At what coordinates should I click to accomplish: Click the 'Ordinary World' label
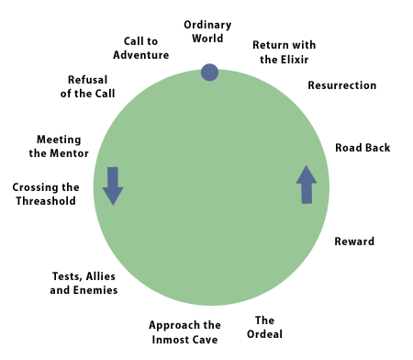coord(207,31)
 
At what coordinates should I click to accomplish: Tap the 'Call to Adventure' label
coord(141,48)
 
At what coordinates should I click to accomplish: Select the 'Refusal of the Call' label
coord(87,86)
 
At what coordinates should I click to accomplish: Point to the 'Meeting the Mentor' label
coord(59,146)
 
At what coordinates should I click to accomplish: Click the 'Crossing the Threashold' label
coord(46,194)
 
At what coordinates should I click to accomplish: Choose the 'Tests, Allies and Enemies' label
coord(84,283)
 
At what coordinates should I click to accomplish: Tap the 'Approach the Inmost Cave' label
coord(184,332)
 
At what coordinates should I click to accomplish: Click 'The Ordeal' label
coord(264,327)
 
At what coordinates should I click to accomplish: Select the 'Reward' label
coord(354,242)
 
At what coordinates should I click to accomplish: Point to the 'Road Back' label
coord(363,148)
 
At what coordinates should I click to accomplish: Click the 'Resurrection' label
coord(342,85)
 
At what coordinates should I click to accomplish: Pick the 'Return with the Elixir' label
coord(285,52)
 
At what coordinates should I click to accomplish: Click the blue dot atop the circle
coord(209,73)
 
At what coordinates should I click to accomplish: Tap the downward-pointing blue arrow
coord(113,186)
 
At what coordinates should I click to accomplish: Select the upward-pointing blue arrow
coord(307,185)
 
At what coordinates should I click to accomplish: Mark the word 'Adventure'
coord(141,55)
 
